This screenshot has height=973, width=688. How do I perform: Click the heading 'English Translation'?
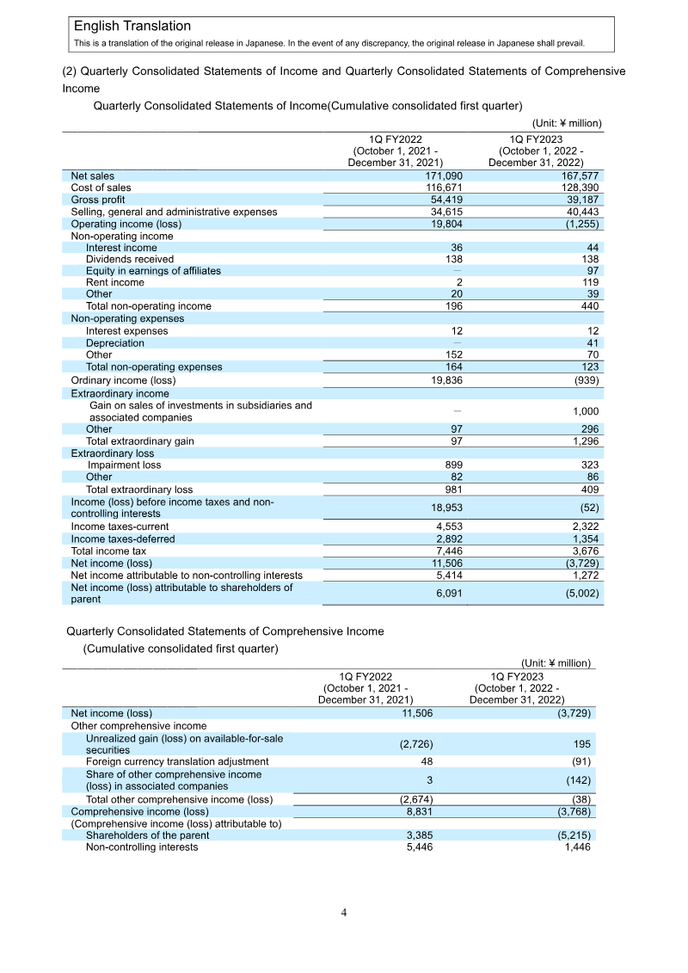coord(132,27)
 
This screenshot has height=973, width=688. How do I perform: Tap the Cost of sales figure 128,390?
coord(578,188)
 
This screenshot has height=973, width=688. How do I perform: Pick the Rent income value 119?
coord(589,282)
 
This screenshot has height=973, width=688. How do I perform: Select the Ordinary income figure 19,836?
coord(445,379)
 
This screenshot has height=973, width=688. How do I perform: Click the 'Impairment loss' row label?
coord(124,465)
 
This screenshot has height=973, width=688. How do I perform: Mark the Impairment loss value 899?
coord(453,465)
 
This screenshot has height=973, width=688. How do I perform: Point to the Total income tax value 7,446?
coord(448,551)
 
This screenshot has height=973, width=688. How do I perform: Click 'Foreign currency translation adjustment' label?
coord(177,761)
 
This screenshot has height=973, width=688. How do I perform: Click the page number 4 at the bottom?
coord(344,913)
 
